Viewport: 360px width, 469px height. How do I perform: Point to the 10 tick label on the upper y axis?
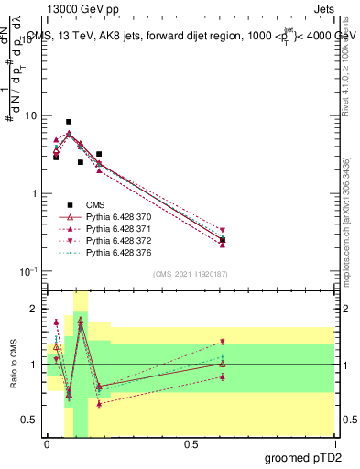(x=31, y=116)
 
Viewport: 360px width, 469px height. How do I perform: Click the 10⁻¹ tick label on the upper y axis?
(x=29, y=272)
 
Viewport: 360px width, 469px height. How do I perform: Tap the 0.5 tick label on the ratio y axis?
(x=30, y=420)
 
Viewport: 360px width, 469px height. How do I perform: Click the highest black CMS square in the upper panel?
(x=69, y=122)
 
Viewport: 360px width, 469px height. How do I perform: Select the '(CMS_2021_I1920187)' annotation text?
(x=190, y=273)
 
